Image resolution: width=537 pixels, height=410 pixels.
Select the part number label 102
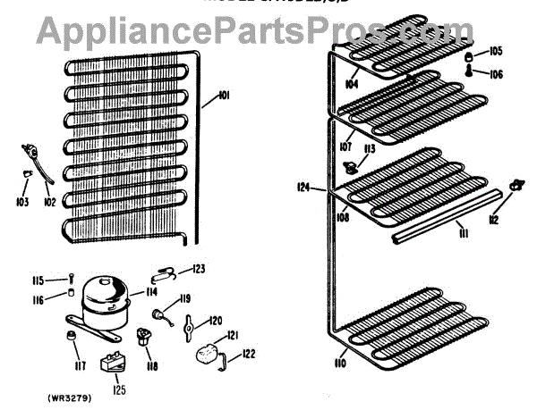coord(49,203)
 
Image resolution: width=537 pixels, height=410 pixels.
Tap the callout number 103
coord(21,203)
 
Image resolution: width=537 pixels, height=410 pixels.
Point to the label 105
coord(497,51)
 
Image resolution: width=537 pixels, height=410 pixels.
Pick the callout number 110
coord(339,364)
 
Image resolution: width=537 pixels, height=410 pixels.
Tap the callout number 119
coord(185,298)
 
